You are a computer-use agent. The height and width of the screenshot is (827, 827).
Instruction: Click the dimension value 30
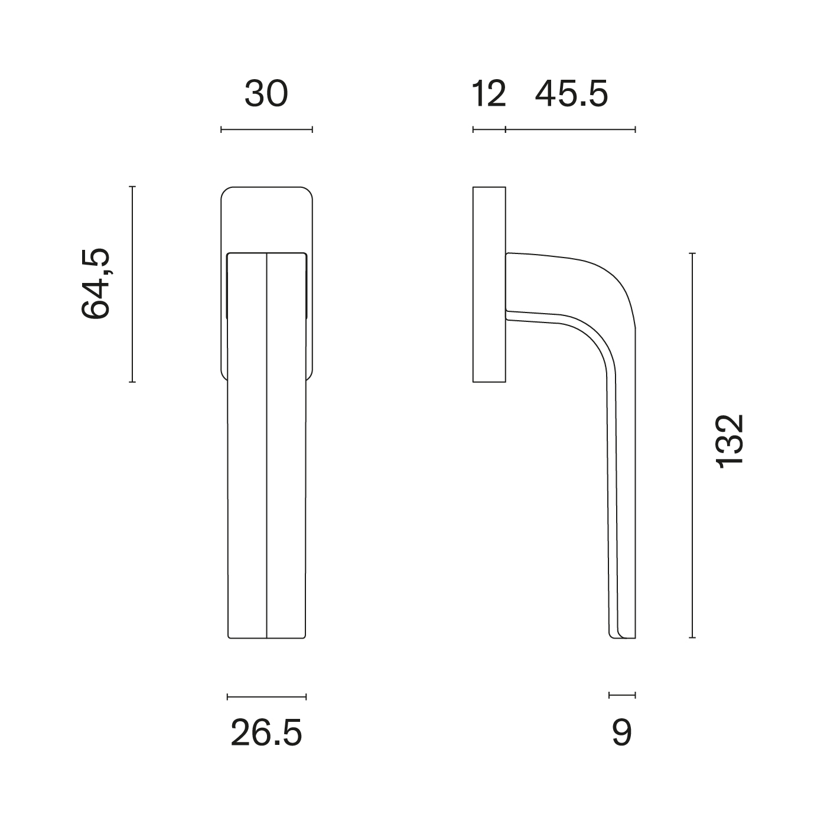tap(266, 94)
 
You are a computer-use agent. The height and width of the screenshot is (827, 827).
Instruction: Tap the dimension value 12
tap(489, 94)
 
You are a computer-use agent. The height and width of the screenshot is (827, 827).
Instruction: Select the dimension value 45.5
tap(571, 94)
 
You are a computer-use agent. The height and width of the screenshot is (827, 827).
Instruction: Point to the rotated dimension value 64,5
tap(96, 284)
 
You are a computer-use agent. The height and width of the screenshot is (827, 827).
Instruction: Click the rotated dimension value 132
tap(730, 441)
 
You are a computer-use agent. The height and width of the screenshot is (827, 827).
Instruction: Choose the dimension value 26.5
tap(266, 733)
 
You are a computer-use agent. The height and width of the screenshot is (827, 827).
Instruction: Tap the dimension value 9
tap(622, 733)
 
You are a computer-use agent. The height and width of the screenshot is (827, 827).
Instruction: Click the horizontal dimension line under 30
tap(266, 129)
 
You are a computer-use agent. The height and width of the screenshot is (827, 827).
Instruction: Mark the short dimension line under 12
tap(489, 129)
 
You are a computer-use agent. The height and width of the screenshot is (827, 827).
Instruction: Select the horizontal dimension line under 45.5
tap(571, 129)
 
